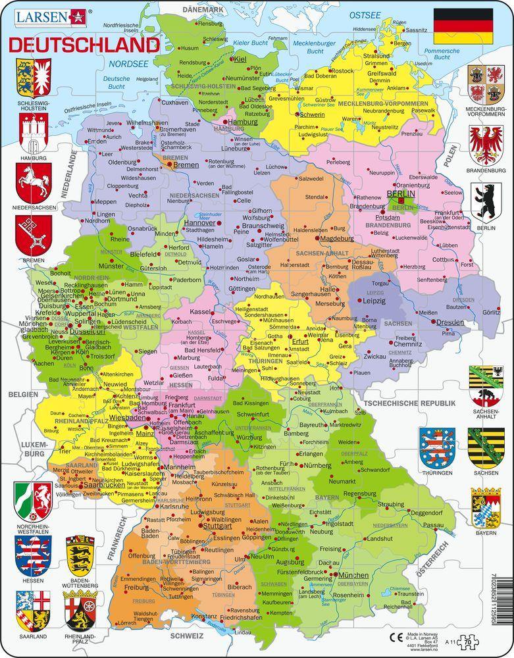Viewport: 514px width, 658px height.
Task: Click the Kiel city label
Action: (240, 60)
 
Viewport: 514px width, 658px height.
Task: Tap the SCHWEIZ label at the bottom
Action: (186, 637)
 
